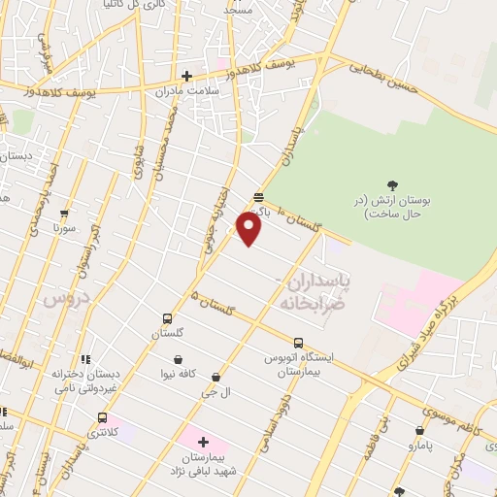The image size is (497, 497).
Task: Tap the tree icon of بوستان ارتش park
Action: [392, 185]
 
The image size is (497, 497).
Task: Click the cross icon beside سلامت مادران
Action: [187, 76]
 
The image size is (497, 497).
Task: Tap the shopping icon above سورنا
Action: [64, 214]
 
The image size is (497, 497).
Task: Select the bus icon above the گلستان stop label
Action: [167, 318]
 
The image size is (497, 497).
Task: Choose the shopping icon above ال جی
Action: [215, 378]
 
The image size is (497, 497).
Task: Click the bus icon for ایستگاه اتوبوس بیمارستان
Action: [298, 343]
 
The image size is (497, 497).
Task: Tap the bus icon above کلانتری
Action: [101, 417]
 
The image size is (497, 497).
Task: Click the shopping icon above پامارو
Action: [419, 431]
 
